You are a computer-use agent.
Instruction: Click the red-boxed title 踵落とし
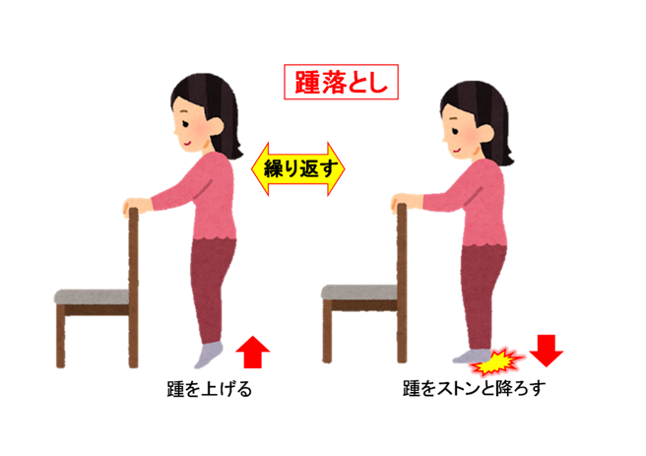341,82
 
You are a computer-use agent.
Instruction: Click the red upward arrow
253,350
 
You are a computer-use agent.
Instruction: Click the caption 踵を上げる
210,388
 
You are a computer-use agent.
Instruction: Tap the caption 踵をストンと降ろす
476,388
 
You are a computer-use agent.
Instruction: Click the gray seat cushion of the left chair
93,295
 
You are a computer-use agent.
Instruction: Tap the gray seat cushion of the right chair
360,293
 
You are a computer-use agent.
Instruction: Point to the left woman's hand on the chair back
131,208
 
